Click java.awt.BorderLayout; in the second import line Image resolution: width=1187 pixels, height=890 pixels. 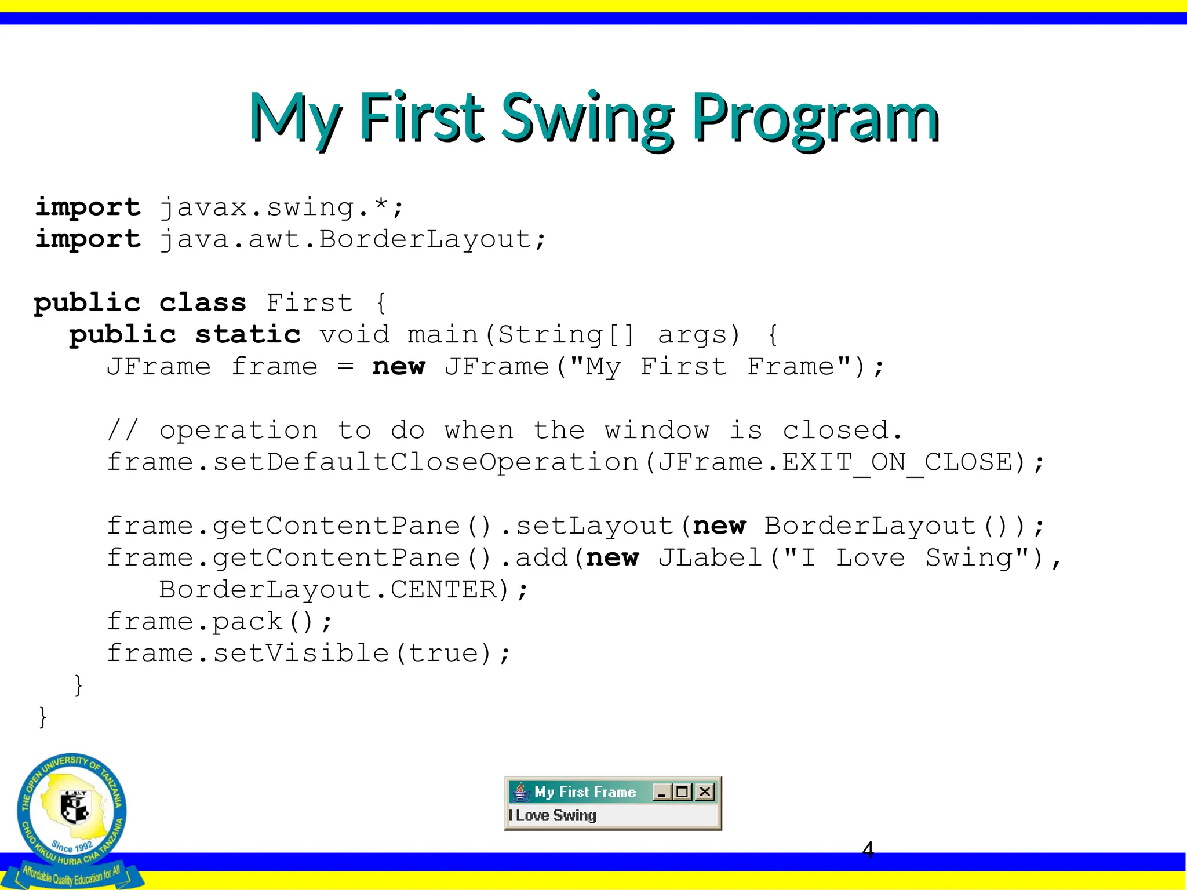click(x=352, y=239)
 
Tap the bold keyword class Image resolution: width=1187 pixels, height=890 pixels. click(x=203, y=303)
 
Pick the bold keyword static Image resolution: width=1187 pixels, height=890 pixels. click(x=248, y=335)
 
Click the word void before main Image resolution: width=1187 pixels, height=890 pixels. click(x=355, y=335)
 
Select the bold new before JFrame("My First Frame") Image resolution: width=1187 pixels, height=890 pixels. click(x=399, y=367)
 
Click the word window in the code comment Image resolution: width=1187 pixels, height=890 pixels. click(x=657, y=431)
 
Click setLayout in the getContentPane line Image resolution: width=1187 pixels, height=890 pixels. click(x=594, y=526)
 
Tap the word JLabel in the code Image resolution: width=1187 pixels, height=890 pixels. click(x=710, y=558)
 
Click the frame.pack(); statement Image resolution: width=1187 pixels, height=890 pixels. click(x=220, y=622)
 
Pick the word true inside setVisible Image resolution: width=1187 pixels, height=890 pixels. click(x=443, y=654)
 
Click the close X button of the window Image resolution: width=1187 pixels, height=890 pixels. click(x=705, y=791)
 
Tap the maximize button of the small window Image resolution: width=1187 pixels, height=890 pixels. click(x=683, y=791)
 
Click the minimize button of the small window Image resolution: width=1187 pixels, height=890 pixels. click(x=662, y=791)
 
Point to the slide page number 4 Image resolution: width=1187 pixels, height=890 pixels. click(x=868, y=850)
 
